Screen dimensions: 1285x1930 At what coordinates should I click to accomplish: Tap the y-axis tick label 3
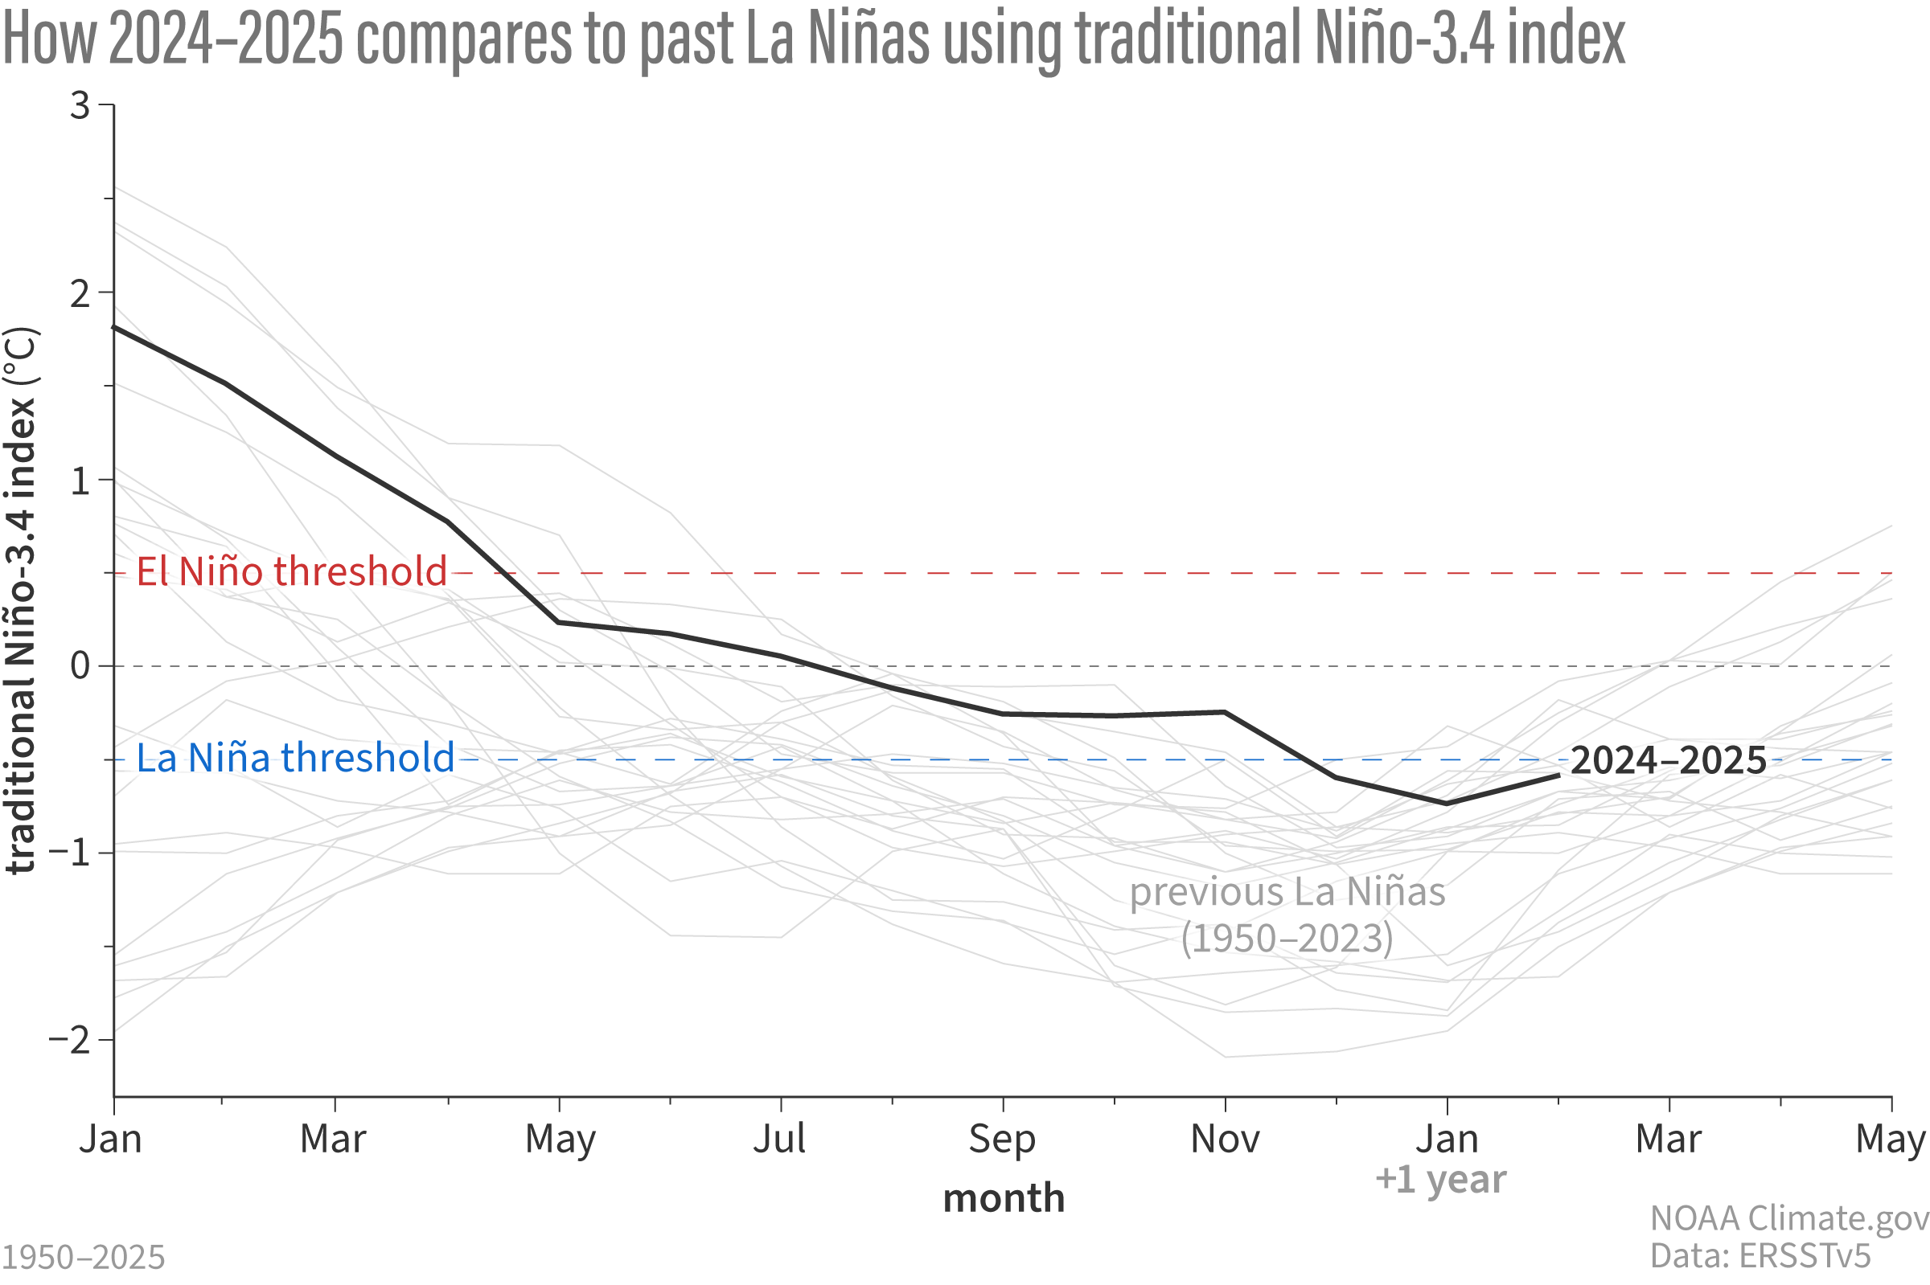click(x=80, y=106)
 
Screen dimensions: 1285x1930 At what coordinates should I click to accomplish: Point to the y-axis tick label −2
click(x=69, y=1040)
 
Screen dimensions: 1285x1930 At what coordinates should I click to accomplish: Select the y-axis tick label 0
click(x=80, y=665)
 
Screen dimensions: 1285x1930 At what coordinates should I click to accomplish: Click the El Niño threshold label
click(x=291, y=571)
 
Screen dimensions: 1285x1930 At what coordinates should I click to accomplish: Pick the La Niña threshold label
click(x=294, y=758)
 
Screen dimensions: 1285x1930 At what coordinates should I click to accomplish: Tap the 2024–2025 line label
click(x=1668, y=760)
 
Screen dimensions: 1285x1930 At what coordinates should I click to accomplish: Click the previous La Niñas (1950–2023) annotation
click(x=1287, y=915)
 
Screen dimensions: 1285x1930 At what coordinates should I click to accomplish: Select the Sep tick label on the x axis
click(x=1002, y=1139)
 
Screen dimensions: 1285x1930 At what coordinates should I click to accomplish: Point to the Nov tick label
click(x=1224, y=1139)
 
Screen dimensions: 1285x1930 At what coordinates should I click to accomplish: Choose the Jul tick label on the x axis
click(x=779, y=1139)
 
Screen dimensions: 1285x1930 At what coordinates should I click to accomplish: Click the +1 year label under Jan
click(x=1439, y=1180)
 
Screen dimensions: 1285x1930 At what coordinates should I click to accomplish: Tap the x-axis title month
click(x=1003, y=1199)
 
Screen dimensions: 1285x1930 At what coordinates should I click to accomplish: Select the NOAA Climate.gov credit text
click(x=1788, y=1218)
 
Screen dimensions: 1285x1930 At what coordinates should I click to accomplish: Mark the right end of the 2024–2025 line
click(x=1558, y=775)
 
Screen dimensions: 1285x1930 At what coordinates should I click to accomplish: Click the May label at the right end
click(x=1890, y=1139)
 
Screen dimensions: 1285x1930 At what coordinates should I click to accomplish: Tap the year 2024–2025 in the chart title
click(x=225, y=39)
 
